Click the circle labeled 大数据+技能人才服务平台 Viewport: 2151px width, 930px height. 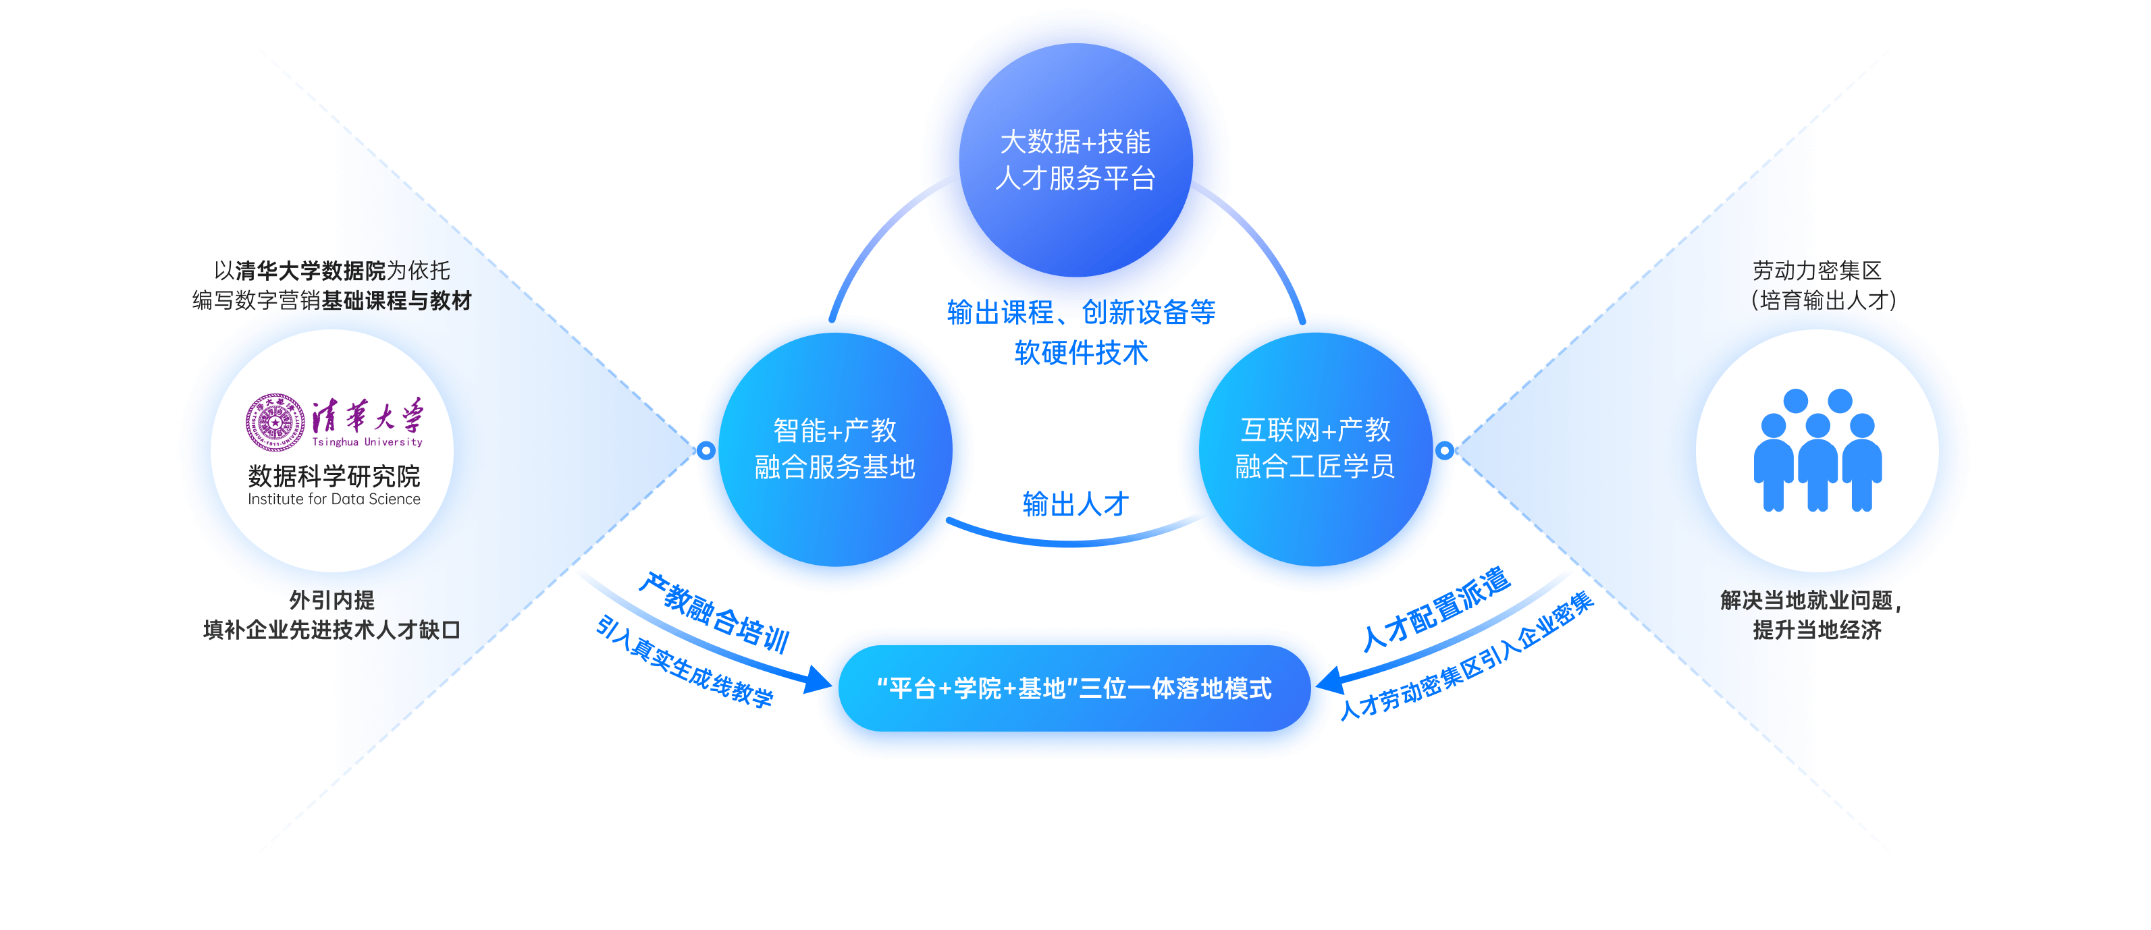(x=1075, y=161)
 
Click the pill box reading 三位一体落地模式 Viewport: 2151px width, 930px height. (x=1074, y=689)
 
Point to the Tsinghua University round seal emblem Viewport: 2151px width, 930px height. (x=275, y=422)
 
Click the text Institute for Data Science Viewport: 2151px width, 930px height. (x=334, y=499)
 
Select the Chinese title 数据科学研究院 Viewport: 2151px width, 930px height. (x=334, y=476)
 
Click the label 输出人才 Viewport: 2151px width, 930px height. (x=1075, y=504)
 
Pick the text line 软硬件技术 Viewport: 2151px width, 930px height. (x=1082, y=353)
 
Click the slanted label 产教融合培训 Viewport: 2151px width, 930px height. (x=714, y=613)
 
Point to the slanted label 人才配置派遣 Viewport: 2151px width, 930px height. (x=1436, y=609)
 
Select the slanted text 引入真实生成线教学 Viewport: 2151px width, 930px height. (x=685, y=662)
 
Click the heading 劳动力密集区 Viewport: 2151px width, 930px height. (x=1817, y=271)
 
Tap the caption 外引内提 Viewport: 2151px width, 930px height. (x=331, y=599)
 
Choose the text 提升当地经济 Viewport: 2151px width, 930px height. (x=1817, y=630)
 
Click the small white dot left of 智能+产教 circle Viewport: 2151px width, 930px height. (x=706, y=451)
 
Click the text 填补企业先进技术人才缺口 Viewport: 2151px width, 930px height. (x=331, y=630)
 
